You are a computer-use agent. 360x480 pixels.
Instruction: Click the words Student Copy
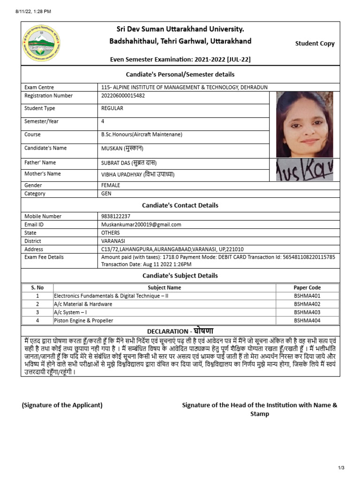pyautogui.click(x=315, y=44)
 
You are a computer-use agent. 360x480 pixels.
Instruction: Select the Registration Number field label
pyautogui.click(x=48, y=96)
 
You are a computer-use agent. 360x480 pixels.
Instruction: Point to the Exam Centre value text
pyautogui.click(x=184, y=87)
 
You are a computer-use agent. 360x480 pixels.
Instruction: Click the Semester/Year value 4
pyautogui.click(x=103, y=121)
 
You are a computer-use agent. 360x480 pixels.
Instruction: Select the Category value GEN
pyautogui.click(x=106, y=194)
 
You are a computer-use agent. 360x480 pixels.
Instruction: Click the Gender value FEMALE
pyautogui.click(x=111, y=185)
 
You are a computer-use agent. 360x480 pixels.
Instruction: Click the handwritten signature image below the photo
pyautogui.click(x=304, y=169)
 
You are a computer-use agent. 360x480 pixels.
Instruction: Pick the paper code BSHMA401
pyautogui.click(x=307, y=296)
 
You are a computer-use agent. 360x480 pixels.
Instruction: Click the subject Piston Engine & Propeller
pyautogui.click(x=83, y=321)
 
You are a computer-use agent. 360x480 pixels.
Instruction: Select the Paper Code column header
pyautogui.click(x=307, y=288)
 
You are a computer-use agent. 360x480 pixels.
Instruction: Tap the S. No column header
pyautogui.click(x=37, y=288)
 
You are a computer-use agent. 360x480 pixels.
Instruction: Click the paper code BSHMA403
pyautogui.click(x=307, y=312)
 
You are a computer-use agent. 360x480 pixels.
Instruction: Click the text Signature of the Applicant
pyautogui.click(x=62, y=405)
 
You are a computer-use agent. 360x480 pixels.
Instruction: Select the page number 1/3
pyautogui.click(x=341, y=468)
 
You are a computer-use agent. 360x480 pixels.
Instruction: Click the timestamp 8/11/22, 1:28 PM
pyautogui.click(x=28, y=11)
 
